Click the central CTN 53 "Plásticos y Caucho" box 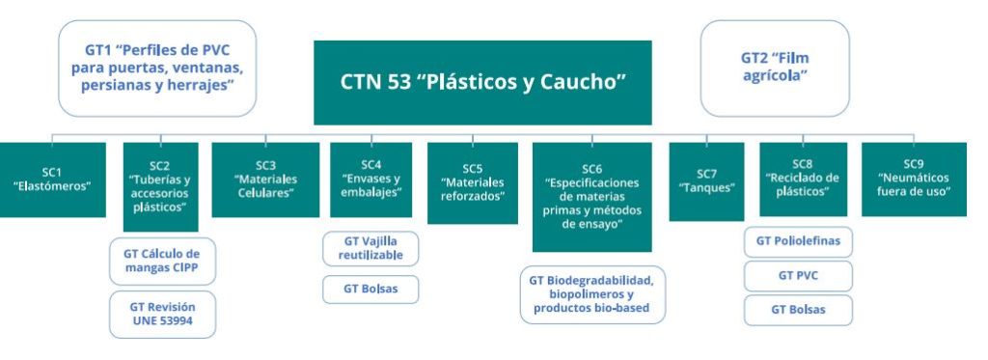coord(482,83)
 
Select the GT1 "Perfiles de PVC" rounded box coord(157,69)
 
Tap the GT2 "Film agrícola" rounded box coord(775,69)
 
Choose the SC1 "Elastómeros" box coord(52,180)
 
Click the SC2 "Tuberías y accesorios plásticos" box coord(160,186)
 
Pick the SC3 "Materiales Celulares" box coord(265,180)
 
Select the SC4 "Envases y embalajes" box coord(371,180)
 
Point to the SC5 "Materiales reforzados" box coord(473,182)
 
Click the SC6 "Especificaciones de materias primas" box coord(591,197)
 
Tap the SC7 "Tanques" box coord(706,181)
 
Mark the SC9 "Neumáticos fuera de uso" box coord(914,180)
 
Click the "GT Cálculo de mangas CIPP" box coord(162,262)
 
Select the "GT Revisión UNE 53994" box coord(162,314)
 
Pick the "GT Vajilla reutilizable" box coord(370,248)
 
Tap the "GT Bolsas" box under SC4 coord(370,290)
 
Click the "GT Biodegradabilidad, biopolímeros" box coord(592,294)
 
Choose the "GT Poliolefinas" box coord(798,242)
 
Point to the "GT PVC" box coord(798,276)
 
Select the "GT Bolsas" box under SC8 coord(798,310)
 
